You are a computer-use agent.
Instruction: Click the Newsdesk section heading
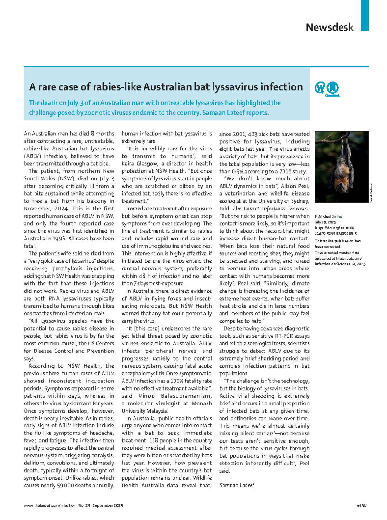(x=329, y=27)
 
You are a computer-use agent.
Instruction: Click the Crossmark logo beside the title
(x=332, y=88)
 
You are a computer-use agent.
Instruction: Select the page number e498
(x=361, y=505)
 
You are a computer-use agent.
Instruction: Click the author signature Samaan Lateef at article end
(x=237, y=485)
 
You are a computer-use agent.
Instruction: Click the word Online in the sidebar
(x=337, y=217)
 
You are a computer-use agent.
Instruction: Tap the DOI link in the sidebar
(x=335, y=230)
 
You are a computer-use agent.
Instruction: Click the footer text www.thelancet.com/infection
(x=50, y=505)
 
